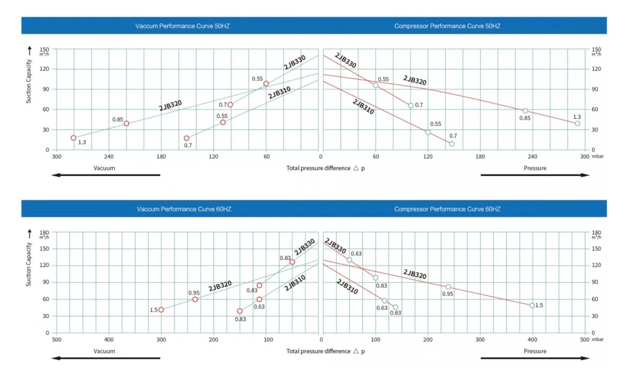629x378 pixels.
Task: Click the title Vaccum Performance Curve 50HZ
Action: point(182,26)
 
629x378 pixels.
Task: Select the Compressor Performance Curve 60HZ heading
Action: point(447,209)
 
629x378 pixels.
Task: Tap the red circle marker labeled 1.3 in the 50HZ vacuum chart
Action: point(73,138)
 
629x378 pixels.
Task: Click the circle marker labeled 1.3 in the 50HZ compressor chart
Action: point(577,124)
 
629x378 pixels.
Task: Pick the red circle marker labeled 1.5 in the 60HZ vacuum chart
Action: point(161,310)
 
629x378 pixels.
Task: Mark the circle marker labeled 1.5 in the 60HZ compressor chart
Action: point(532,306)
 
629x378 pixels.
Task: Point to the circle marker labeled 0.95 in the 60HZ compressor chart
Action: point(448,287)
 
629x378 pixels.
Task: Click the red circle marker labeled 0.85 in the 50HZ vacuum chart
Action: point(126,124)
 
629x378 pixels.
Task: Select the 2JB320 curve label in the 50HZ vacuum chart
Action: point(170,105)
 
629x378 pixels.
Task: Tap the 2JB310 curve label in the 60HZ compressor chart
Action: point(347,287)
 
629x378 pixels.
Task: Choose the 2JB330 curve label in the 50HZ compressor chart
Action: point(346,60)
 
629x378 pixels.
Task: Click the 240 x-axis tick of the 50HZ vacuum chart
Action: point(109,157)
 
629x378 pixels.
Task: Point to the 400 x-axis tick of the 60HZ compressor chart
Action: point(532,340)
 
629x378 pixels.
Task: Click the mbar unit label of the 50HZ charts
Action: point(598,156)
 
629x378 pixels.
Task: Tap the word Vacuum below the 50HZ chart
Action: point(104,168)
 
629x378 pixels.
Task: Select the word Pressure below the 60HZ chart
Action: point(535,351)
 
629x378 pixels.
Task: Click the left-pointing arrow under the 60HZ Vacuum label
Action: point(105,358)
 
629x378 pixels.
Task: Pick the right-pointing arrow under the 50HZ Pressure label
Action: point(535,175)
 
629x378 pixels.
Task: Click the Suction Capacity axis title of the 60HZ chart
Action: point(29,264)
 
